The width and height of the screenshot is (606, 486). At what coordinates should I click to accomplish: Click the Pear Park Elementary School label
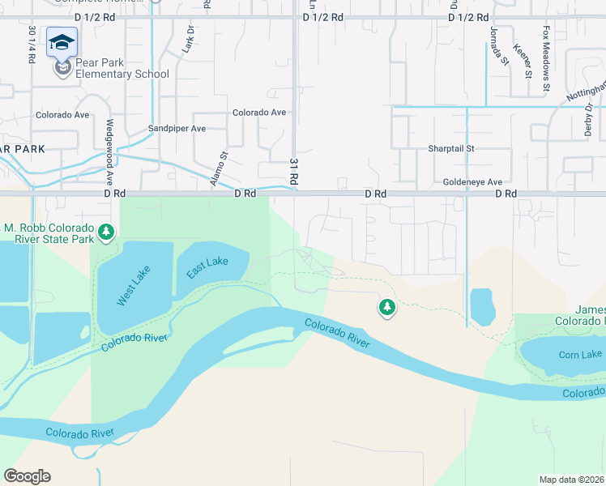[x=122, y=68]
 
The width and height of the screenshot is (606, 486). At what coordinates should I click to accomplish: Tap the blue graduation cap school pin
[x=62, y=42]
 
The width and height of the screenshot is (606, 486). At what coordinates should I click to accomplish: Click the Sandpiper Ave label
[x=177, y=129]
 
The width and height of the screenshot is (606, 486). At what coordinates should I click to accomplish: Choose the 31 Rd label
[x=294, y=173]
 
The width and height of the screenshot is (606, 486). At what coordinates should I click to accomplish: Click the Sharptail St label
[x=450, y=149]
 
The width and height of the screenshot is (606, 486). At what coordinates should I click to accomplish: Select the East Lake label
[x=207, y=268]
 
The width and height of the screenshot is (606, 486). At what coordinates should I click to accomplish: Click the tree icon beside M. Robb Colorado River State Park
[x=105, y=233]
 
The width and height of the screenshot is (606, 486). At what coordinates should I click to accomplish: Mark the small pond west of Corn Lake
[x=481, y=306]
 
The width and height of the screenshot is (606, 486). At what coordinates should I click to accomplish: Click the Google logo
[x=27, y=476]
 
